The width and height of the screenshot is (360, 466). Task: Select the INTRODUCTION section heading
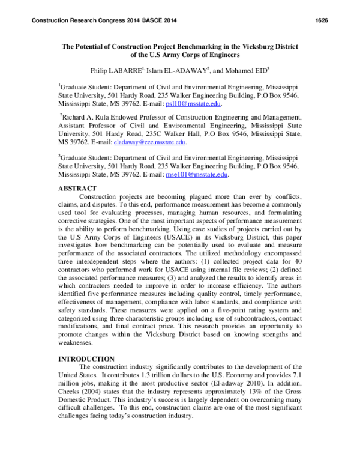click(88, 359)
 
